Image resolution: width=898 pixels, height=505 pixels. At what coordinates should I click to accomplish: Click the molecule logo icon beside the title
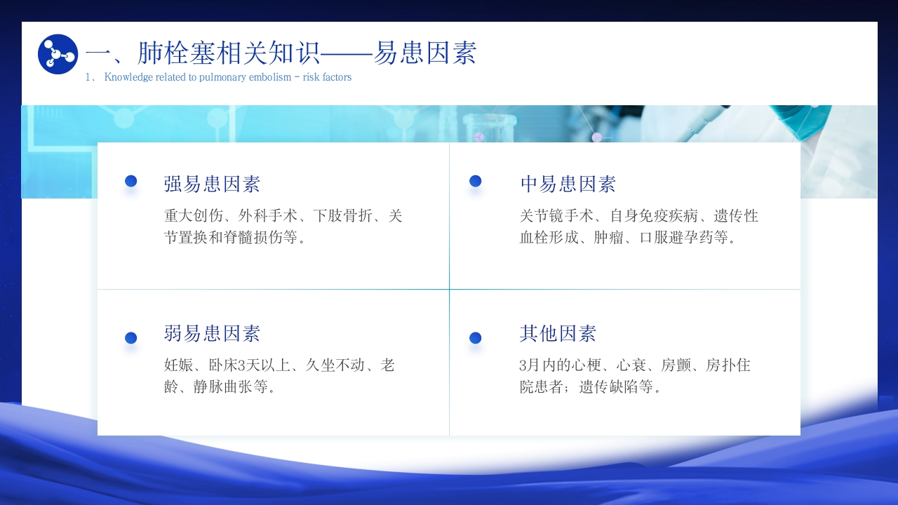point(58,54)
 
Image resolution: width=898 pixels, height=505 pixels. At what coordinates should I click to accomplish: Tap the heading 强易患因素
point(212,184)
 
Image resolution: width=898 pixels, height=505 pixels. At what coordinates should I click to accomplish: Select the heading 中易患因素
point(568,184)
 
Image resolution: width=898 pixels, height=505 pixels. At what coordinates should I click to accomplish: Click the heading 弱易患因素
point(212,333)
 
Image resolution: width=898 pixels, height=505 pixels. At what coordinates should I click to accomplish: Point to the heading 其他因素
point(558,333)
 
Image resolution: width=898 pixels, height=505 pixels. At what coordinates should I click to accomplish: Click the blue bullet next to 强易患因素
point(130,181)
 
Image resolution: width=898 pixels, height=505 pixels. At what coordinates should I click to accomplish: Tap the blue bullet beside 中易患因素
point(475,181)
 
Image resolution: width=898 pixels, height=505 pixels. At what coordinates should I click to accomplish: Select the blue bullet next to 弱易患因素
point(130,338)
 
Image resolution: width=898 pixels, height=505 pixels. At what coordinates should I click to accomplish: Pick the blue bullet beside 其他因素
point(475,338)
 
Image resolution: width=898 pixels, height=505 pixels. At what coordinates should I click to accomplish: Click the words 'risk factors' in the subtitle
point(327,77)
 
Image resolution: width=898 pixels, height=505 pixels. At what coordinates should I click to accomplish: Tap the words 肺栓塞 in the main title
point(176,53)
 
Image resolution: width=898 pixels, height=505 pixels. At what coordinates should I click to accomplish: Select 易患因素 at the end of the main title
point(425,53)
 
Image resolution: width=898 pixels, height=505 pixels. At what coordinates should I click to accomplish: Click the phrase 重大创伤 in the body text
point(194,215)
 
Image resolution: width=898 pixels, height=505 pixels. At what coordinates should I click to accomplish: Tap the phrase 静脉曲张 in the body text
point(223,386)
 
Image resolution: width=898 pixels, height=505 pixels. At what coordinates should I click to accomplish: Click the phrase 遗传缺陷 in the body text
point(608,386)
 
